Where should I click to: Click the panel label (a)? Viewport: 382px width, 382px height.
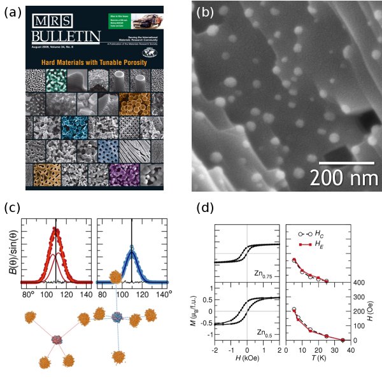point(13,11)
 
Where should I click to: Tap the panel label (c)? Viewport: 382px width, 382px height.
point(13,208)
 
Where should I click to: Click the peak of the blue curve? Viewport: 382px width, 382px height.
point(131,248)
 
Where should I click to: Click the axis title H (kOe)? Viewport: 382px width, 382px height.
point(246,364)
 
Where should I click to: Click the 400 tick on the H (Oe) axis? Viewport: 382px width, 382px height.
point(358,282)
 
